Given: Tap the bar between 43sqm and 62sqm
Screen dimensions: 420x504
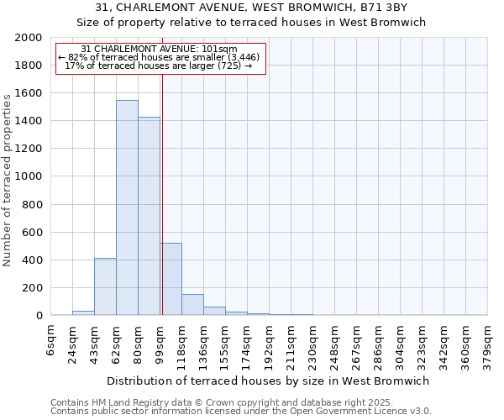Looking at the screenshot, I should tap(105, 286).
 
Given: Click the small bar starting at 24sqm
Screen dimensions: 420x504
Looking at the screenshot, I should tap(83, 312).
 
